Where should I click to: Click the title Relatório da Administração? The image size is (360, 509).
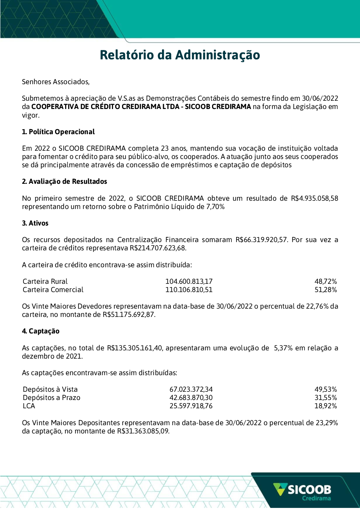tap(180, 55)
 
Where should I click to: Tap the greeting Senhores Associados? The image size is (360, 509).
tap(55, 82)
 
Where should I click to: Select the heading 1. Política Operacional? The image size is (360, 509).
tap(58, 132)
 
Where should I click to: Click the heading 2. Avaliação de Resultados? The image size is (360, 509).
tap(64, 181)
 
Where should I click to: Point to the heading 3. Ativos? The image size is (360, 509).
tap(35, 223)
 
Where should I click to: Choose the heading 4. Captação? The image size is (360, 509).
tap(41, 331)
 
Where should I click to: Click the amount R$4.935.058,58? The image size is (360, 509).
tap(314, 198)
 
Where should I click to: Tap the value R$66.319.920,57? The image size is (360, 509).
tap(262, 240)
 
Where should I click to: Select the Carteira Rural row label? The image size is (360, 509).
tap(45, 281)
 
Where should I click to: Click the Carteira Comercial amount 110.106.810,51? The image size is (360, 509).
tap(189, 290)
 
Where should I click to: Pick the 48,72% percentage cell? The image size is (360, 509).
tap(325, 281)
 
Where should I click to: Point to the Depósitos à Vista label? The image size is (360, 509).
tap(50, 389)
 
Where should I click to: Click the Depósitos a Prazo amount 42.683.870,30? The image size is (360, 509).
tap(191, 397)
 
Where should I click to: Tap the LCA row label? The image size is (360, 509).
tap(29, 406)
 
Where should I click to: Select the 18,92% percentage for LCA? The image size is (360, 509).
tap(325, 406)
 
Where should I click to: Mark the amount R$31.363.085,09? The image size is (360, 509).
tap(143, 431)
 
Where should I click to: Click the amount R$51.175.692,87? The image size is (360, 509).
tap(129, 314)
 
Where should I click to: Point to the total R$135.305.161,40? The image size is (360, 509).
tap(135, 348)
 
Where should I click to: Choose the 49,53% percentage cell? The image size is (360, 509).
tap(325, 389)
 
